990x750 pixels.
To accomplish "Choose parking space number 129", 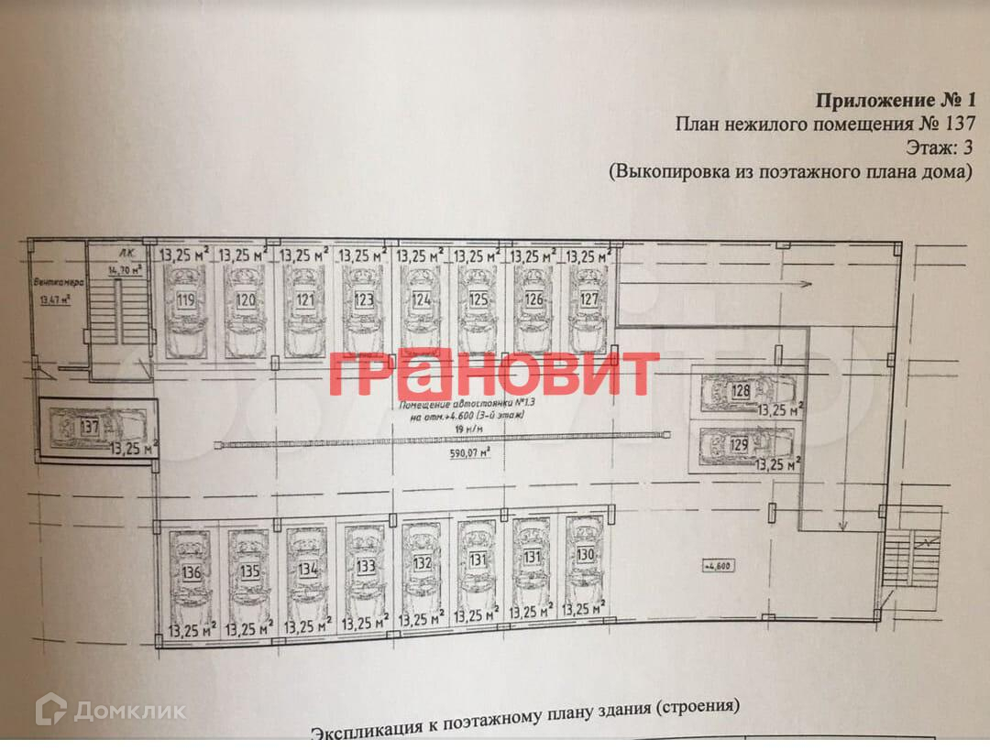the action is (740, 445).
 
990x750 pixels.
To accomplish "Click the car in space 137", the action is (91, 427).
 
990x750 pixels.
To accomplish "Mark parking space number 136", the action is (191, 572).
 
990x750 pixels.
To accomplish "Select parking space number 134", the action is (308, 568).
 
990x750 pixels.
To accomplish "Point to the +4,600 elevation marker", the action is (719, 565).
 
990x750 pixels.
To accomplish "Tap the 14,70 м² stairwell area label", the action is (125, 270).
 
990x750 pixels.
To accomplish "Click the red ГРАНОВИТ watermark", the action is (494, 374).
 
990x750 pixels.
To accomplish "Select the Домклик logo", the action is (110, 710).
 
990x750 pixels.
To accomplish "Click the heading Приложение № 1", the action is (896, 101).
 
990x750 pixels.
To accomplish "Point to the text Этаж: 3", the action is (933, 147).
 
